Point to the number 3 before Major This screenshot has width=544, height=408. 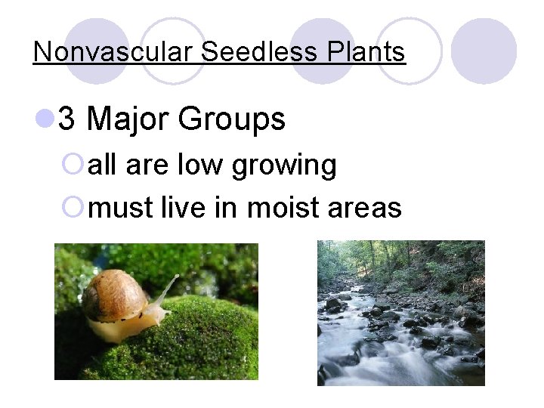click(66, 119)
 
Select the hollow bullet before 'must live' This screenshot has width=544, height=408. click(79, 206)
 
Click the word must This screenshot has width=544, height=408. click(121, 206)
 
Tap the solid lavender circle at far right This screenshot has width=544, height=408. click(484, 51)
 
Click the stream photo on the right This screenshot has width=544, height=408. click(400, 313)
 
